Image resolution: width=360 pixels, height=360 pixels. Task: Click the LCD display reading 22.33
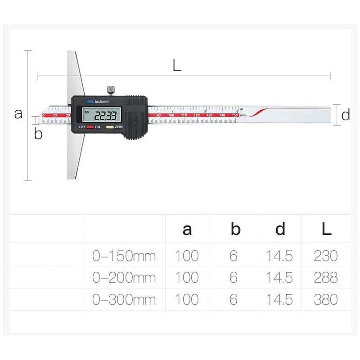point(101,115)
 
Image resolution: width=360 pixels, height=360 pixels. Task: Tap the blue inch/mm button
point(90,102)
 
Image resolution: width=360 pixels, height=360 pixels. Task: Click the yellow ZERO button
point(109,127)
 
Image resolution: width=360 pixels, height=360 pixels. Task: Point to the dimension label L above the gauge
point(177,66)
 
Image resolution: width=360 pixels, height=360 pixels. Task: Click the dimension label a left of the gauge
point(18,113)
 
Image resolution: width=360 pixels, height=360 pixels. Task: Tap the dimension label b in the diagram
point(38,134)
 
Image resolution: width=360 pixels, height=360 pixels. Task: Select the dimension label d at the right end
point(345,115)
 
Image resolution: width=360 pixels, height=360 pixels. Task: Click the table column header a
point(187,229)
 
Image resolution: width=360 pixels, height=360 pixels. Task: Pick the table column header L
point(326,229)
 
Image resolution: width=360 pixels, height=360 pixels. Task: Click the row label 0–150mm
point(124,256)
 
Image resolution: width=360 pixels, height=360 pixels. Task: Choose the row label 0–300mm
point(124,299)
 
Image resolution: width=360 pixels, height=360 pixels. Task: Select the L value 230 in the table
point(325,256)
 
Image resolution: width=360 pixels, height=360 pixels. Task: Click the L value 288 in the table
point(325,278)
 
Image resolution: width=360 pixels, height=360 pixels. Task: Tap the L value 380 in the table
point(325,299)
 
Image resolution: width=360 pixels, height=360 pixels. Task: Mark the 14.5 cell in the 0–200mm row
point(279,278)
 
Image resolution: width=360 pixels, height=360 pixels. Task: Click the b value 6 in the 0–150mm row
point(233,256)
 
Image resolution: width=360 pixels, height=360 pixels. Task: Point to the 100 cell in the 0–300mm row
point(187,299)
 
